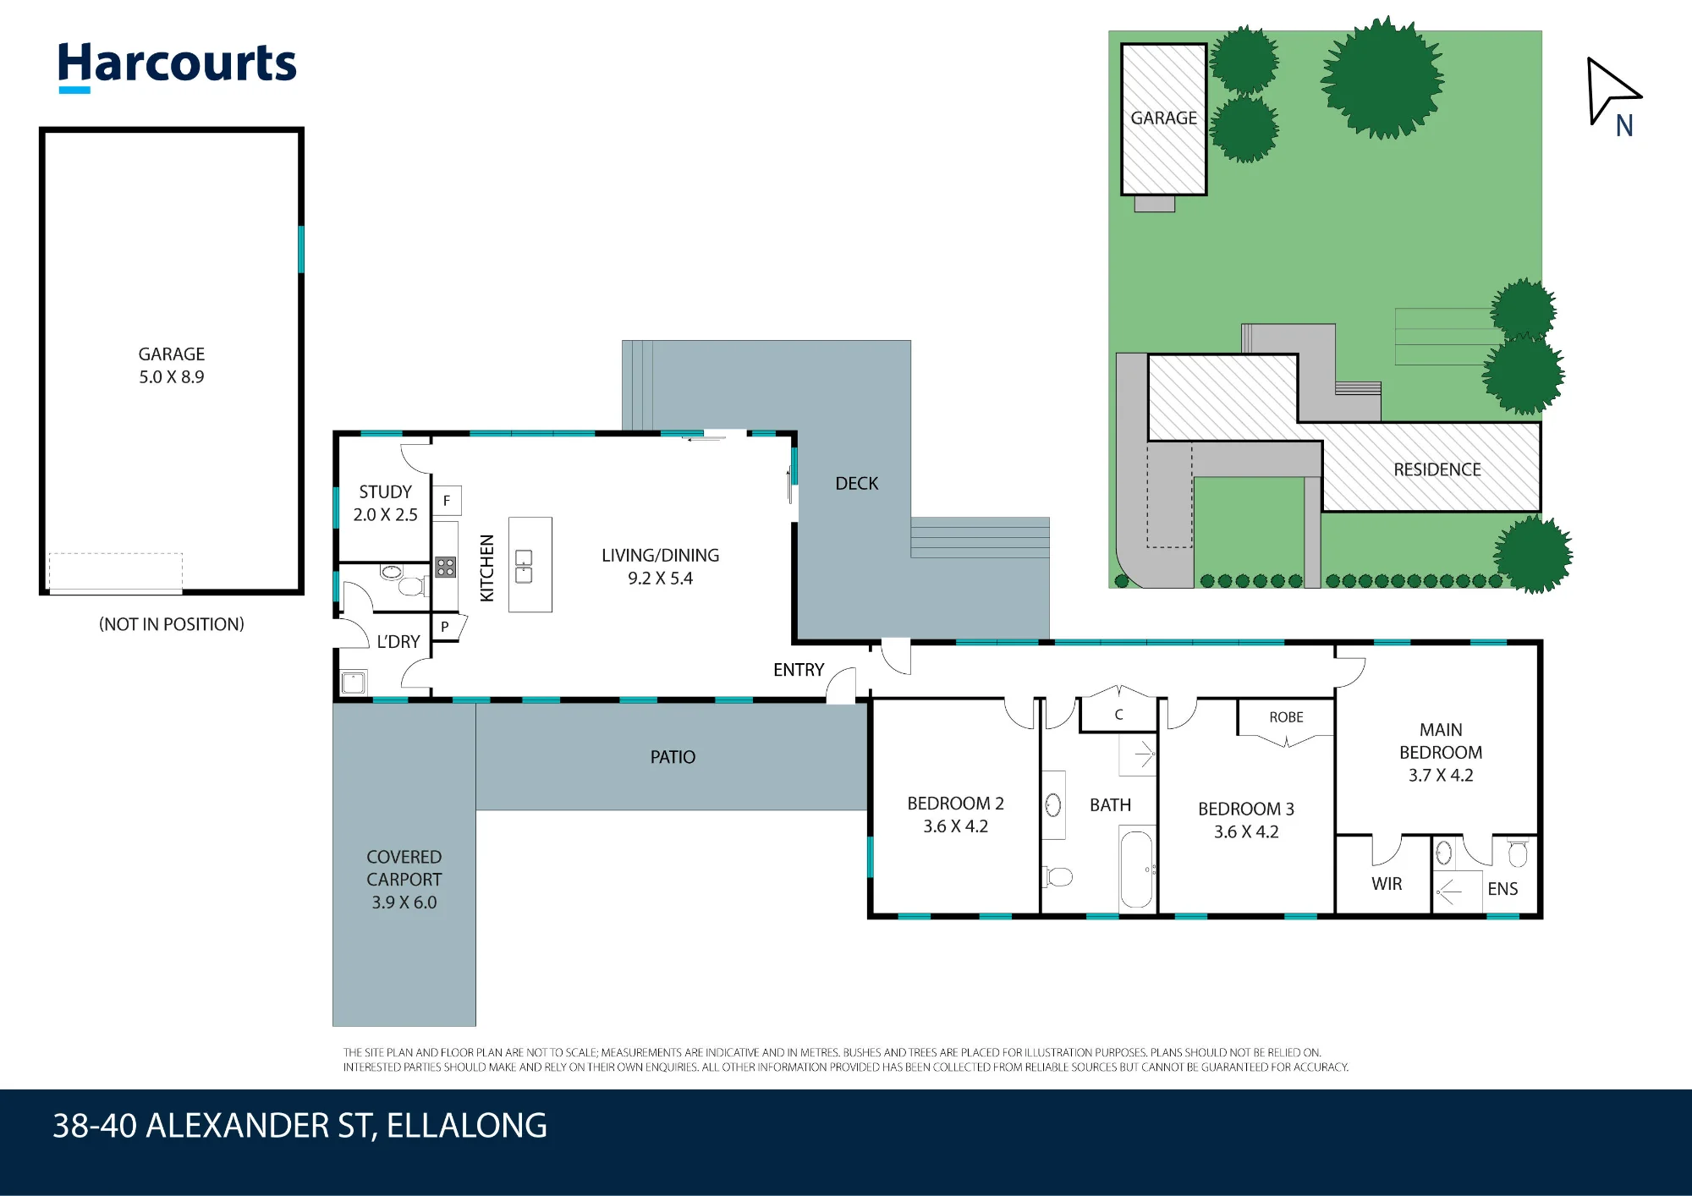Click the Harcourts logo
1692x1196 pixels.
(x=177, y=66)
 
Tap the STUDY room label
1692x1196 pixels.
(x=385, y=491)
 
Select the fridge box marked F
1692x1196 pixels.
(x=447, y=501)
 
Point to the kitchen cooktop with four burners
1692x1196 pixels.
(x=446, y=567)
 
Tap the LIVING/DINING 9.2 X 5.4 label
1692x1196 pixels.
(x=660, y=567)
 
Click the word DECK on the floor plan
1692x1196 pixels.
(x=856, y=483)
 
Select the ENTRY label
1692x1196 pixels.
(x=798, y=670)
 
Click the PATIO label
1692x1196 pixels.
(x=673, y=757)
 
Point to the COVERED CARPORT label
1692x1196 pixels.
(x=404, y=868)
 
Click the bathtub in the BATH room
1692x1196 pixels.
(x=1137, y=870)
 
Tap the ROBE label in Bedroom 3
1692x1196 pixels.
(x=1286, y=717)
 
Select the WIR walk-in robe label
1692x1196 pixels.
(x=1387, y=884)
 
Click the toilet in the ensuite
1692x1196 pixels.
(x=1518, y=853)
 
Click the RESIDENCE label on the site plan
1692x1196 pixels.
(x=1437, y=469)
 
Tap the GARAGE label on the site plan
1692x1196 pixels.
(x=1163, y=118)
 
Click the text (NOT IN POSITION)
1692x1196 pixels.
(x=172, y=624)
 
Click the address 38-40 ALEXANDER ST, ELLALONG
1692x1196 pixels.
(x=299, y=1126)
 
